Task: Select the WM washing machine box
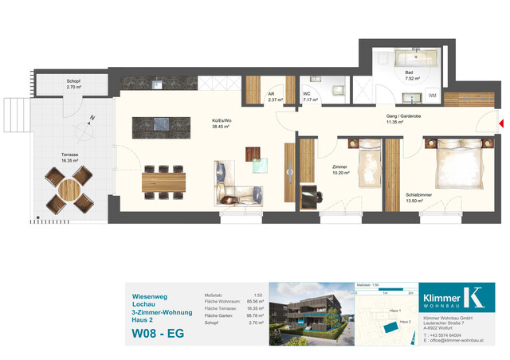pos(433,96)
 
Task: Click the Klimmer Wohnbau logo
pos(469,296)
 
